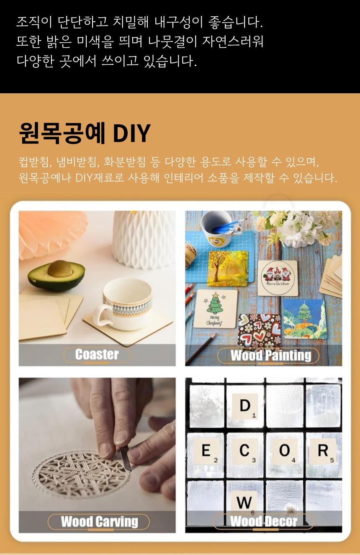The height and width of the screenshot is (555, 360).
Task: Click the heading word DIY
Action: pyautogui.click(x=132, y=133)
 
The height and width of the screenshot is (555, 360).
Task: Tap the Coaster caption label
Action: pyautogui.click(x=97, y=355)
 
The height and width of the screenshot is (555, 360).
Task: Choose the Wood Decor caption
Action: pyautogui.click(x=264, y=521)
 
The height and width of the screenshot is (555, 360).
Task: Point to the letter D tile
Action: pyautogui.click(x=245, y=406)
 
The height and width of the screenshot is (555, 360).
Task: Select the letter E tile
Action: pyautogui.click(x=206, y=451)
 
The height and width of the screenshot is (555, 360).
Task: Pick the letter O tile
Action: pyautogui.click(x=285, y=451)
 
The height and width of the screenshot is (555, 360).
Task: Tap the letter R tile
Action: pyautogui.click(x=323, y=451)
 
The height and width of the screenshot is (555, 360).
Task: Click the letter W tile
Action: pyautogui.click(x=244, y=502)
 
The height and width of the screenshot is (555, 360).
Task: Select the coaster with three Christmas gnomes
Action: pyautogui.click(x=278, y=278)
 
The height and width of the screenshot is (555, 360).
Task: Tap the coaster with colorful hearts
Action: pyautogui.click(x=259, y=331)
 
